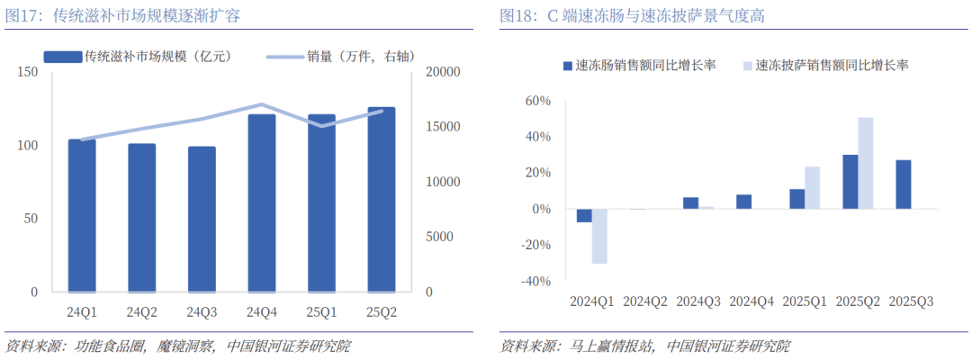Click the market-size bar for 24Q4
tap(262, 202)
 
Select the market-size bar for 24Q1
tap(82, 215)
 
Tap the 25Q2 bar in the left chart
tap(382, 199)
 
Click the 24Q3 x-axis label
tap(202, 312)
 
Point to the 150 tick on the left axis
tap(27, 71)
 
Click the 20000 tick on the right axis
tap(443, 71)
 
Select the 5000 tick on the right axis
tap(439, 237)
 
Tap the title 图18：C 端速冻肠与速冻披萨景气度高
tap(638, 16)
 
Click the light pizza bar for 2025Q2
tap(866, 163)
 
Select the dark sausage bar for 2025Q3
tap(903, 184)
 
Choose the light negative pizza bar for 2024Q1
tap(599, 236)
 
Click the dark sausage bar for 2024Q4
tap(743, 202)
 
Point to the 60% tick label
tap(538, 101)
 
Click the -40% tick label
tap(535, 282)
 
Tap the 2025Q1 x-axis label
tap(805, 302)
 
